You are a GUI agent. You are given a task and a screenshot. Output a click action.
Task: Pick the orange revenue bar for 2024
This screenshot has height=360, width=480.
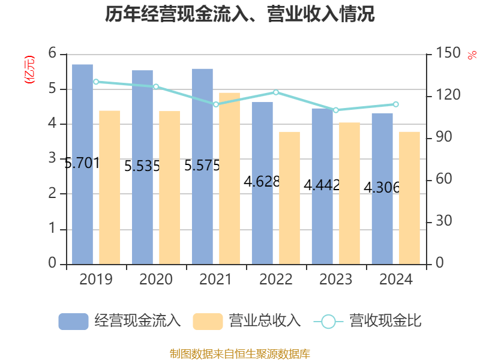click(409, 197)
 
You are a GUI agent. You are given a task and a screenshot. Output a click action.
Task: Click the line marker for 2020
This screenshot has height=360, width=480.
click(156, 86)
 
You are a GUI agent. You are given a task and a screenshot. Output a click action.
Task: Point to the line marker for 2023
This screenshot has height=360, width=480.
click(336, 110)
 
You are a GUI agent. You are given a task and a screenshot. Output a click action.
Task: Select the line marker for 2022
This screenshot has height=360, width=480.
click(276, 92)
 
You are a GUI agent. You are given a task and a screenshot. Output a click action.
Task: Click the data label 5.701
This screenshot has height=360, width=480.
click(82, 163)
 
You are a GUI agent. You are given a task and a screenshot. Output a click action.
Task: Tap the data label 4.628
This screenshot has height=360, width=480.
click(262, 181)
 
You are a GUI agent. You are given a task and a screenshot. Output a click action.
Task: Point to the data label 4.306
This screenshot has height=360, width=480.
click(382, 188)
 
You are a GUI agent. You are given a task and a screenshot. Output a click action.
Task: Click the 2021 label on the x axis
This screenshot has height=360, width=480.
click(216, 280)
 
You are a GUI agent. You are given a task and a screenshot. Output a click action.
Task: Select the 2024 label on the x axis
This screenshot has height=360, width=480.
click(396, 280)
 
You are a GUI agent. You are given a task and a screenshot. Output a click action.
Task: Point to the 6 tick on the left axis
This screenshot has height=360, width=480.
click(52, 53)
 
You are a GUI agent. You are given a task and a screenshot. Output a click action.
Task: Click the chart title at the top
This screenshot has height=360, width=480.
click(240, 14)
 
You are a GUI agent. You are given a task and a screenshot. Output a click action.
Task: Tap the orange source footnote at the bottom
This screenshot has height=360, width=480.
click(240, 353)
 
